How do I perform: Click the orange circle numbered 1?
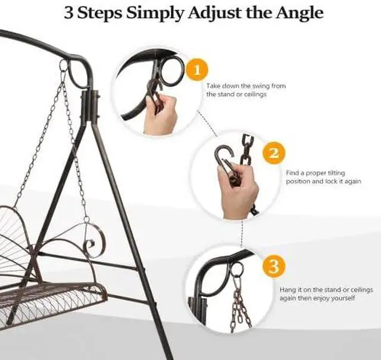(x=197, y=70)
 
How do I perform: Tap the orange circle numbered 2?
(x=274, y=153)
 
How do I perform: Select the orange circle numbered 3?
(x=274, y=266)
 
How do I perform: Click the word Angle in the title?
(x=299, y=13)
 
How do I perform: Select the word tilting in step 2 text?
(x=336, y=173)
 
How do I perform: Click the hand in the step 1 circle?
(x=161, y=114)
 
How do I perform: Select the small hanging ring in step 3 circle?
(x=236, y=268)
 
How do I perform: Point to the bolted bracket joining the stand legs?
(x=90, y=107)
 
